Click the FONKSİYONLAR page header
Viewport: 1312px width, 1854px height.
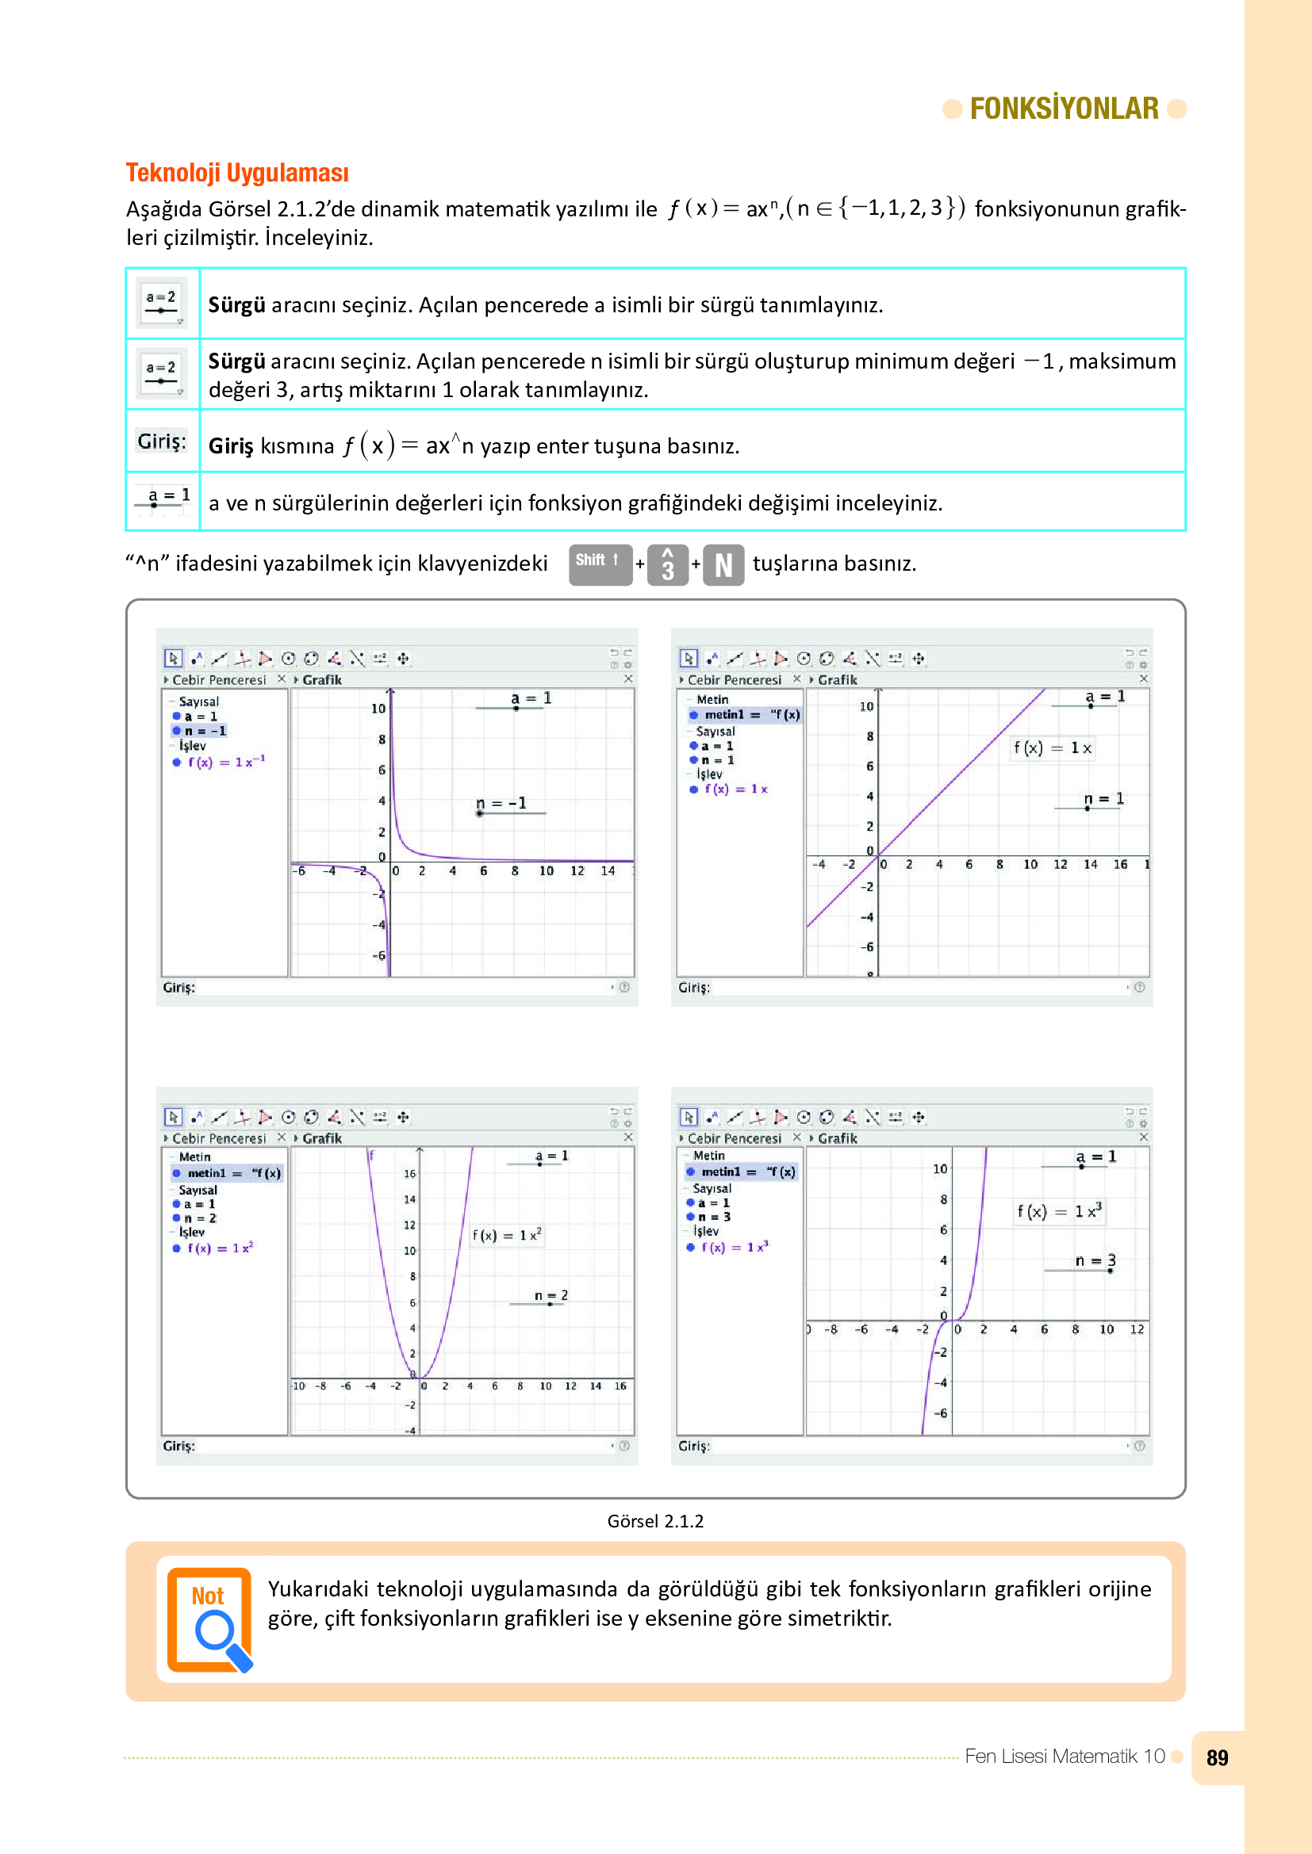coord(1063,109)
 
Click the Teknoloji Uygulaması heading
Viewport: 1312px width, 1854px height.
coord(237,173)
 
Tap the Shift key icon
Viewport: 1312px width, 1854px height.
coord(600,563)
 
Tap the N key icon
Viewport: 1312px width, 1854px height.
coord(723,564)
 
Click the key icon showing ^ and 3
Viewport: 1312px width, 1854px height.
coord(667,564)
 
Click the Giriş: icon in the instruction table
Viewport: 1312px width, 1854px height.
coord(162,441)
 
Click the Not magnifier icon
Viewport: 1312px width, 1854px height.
coord(210,1619)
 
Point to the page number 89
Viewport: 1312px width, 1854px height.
coord(1217,1757)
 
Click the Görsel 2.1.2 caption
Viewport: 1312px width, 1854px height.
coord(655,1521)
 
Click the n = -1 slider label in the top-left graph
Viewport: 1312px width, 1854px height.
coord(501,804)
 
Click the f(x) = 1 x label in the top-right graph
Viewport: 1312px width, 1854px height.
coord(1053,747)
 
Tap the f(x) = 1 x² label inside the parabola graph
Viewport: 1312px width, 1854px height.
coord(507,1236)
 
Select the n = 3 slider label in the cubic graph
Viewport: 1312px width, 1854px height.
coord(1095,1260)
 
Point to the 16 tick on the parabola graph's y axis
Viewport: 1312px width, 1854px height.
coord(409,1173)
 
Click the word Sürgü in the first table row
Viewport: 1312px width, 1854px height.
coord(236,305)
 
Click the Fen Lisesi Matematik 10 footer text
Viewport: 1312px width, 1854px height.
coord(1064,1757)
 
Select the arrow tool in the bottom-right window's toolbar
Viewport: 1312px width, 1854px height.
coord(689,1117)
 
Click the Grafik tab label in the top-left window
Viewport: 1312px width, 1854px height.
coord(321,680)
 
